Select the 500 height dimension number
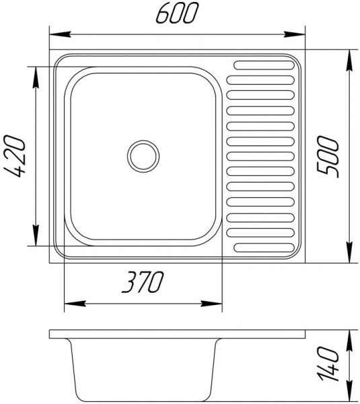329,156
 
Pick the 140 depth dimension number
329,364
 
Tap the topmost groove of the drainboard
262,66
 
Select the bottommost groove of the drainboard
262,245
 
